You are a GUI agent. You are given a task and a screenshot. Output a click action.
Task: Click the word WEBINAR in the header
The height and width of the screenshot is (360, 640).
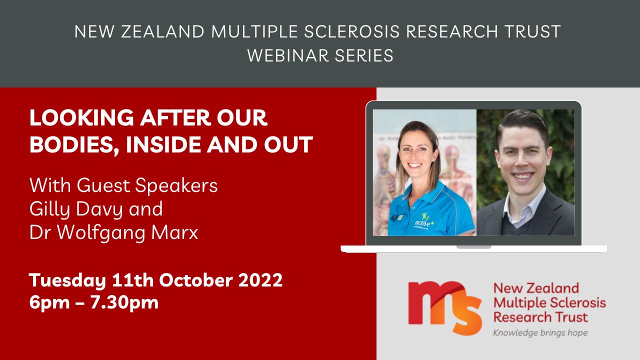click(287, 55)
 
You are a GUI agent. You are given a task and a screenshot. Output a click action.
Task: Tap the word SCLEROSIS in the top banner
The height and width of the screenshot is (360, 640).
click(351, 31)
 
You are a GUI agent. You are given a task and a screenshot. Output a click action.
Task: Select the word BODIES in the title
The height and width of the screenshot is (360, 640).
click(73, 145)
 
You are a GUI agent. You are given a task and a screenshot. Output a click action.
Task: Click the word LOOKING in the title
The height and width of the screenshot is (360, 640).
click(81, 117)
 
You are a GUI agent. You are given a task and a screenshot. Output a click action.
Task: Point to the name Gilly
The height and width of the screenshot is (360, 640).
click(49, 209)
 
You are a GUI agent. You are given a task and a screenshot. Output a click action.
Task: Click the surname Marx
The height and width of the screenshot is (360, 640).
click(174, 233)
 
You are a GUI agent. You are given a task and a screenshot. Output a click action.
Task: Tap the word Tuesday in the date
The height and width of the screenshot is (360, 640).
click(67, 280)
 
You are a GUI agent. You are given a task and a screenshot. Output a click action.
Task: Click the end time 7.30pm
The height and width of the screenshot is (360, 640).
click(124, 303)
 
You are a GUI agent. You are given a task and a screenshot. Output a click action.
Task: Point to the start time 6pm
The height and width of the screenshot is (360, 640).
click(49, 303)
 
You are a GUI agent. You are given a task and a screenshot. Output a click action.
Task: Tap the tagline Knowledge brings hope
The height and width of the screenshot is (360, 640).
click(540, 333)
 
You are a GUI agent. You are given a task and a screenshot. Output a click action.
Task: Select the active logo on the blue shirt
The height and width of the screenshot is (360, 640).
click(424, 221)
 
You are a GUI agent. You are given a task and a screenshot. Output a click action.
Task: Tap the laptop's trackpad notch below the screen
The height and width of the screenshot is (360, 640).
click(473, 247)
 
